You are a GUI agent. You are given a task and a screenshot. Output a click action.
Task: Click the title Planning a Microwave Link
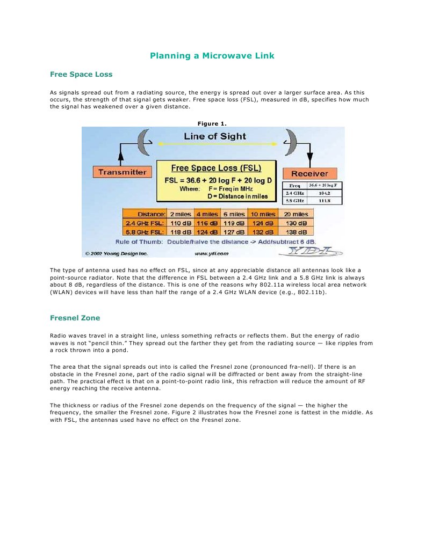pyautogui.click(x=212, y=56)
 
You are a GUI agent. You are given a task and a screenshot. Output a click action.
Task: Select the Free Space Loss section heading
pyautogui.click(x=81, y=74)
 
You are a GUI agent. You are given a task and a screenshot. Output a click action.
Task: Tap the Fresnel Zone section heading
pyautogui.click(x=75, y=318)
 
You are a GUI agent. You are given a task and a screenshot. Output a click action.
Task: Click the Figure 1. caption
pyautogui.click(x=212, y=123)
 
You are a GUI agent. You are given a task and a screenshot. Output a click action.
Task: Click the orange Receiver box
pyautogui.click(x=309, y=174)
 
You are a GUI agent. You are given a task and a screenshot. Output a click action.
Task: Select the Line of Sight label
pyautogui.click(x=214, y=136)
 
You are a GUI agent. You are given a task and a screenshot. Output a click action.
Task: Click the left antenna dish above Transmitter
pyautogui.click(x=143, y=141)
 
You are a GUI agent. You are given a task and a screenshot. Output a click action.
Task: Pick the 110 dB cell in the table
pyautogui.click(x=180, y=223)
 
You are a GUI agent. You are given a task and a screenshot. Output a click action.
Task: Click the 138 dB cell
pyautogui.click(x=296, y=232)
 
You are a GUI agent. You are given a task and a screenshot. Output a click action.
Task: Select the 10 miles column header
pyautogui.click(x=263, y=214)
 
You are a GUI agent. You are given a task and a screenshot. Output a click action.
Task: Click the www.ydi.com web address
pyautogui.click(x=212, y=253)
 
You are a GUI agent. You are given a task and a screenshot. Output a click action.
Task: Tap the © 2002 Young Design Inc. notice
pyautogui.click(x=116, y=253)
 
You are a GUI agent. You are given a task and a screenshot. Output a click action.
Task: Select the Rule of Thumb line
pyautogui.click(x=212, y=242)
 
